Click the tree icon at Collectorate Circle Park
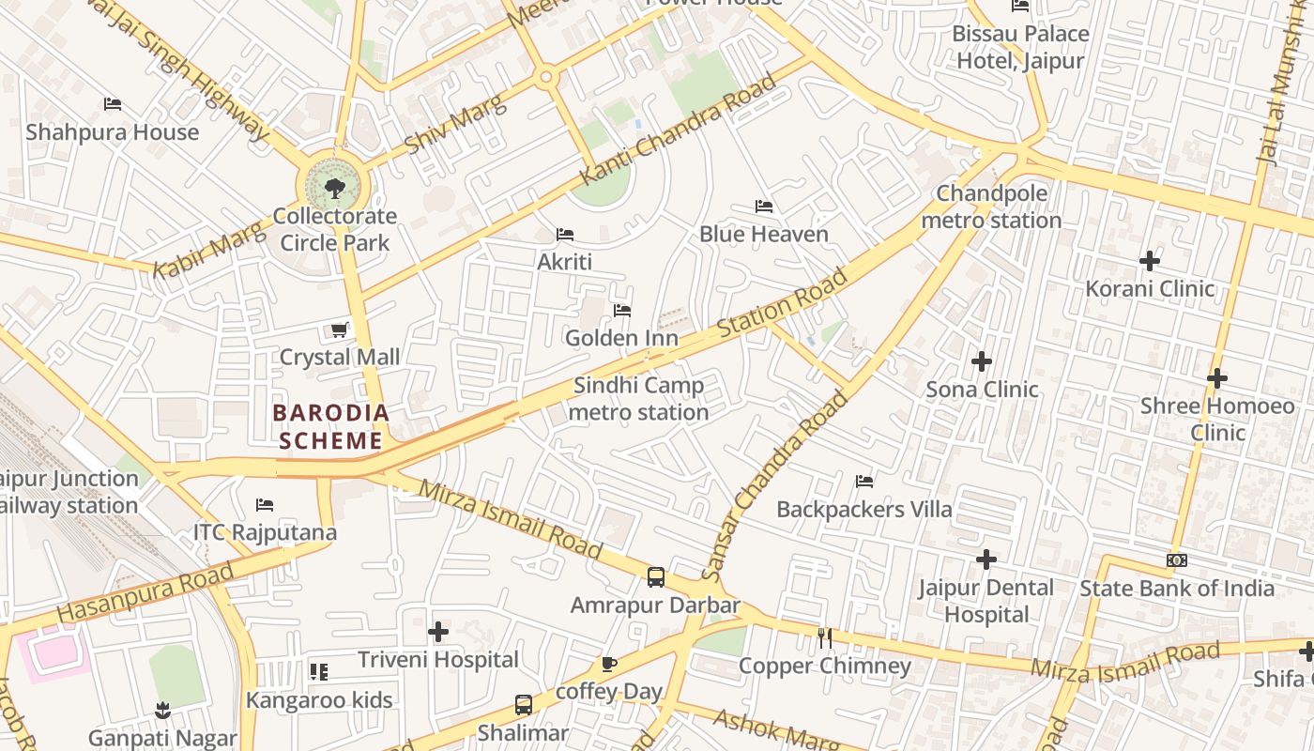334,189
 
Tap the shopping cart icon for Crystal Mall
339,330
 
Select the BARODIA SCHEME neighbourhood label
329,426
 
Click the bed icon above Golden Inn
621,311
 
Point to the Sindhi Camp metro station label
638,399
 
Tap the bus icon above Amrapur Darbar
655,577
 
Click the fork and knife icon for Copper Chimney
825,638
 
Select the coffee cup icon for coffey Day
608,665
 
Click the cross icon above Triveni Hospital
437,632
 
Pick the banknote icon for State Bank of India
1176,560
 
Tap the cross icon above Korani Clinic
1150,260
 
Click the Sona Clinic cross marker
982,361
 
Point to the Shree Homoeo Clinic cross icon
1216,378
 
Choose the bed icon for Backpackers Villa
864,482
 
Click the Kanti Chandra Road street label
678,130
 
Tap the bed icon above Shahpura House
113,104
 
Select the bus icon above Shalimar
523,704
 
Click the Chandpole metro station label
991,207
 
